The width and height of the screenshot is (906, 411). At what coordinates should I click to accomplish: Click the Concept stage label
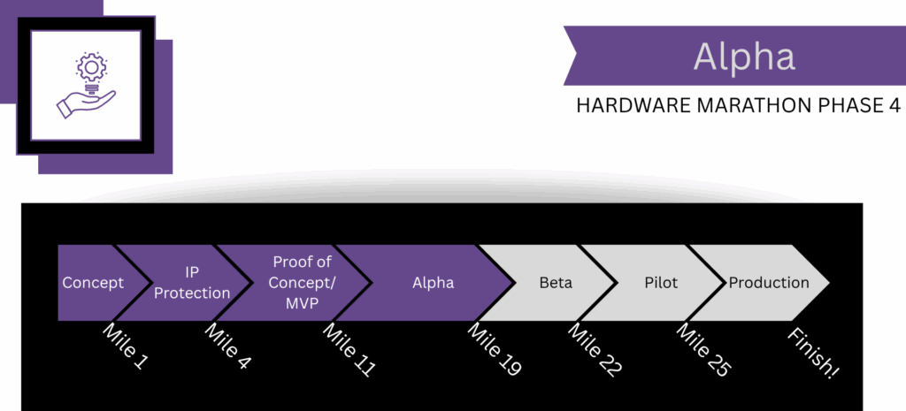coord(92,283)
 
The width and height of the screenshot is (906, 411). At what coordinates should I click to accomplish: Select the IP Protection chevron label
coord(192,283)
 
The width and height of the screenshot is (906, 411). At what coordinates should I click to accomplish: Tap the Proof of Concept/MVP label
coord(302,283)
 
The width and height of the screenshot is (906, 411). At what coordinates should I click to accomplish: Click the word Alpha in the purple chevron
coord(434,283)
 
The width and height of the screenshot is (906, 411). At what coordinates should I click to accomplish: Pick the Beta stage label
coord(556,284)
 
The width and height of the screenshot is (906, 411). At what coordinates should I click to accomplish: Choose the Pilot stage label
coord(662,284)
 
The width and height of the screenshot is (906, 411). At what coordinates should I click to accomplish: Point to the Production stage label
coord(769,283)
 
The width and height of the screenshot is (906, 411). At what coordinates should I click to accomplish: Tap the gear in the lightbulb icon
coord(91,69)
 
